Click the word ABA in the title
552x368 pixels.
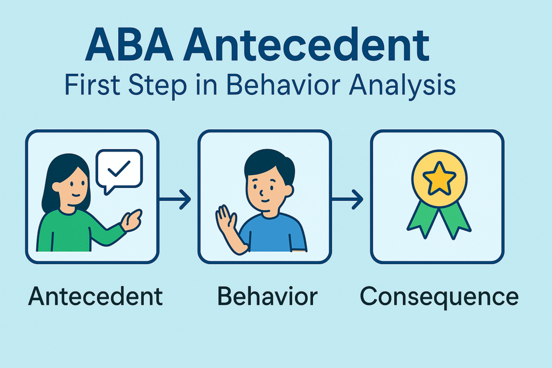129,45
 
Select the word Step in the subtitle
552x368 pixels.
157,86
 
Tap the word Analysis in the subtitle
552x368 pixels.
402,86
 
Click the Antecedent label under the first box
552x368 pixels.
95,296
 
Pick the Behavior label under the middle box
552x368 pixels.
267,296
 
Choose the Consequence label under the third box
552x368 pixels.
439,297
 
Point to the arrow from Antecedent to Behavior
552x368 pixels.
175,199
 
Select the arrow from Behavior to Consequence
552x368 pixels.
348,199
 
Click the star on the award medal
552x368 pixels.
439,178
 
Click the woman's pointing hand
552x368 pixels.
131,220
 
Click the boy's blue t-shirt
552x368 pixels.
273,233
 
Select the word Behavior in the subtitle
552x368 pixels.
284,86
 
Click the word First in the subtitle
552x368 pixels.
93,86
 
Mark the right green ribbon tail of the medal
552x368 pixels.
455,219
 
